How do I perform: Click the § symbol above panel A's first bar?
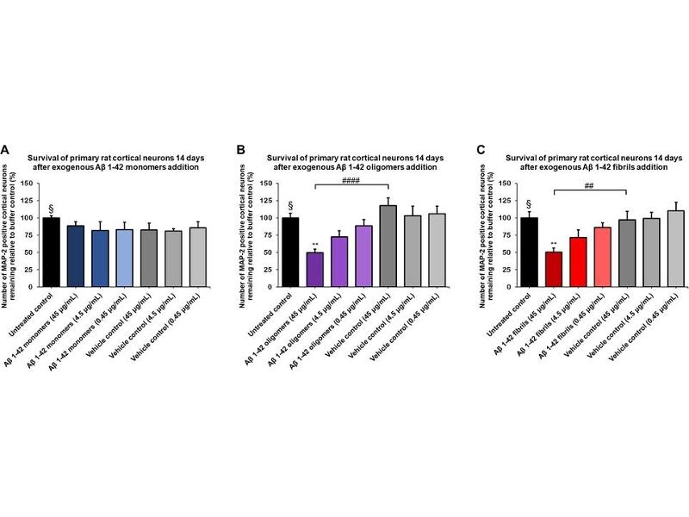tap(52, 208)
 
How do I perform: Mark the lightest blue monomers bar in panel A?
tap(125, 258)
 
